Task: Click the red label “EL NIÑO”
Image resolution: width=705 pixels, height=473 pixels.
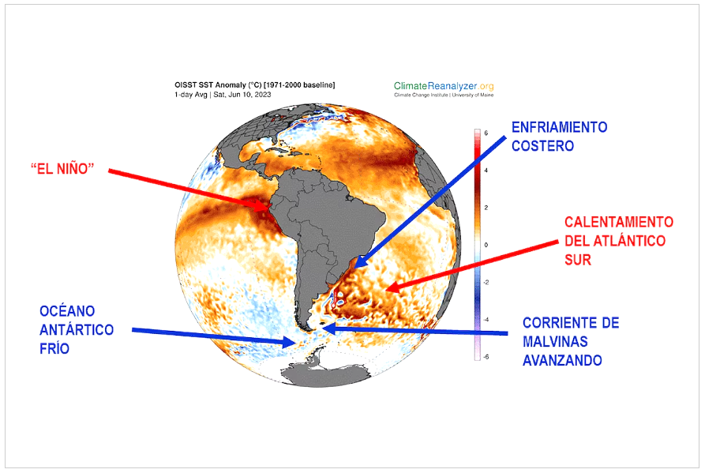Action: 62,169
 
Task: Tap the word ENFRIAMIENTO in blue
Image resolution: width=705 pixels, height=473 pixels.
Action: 559,127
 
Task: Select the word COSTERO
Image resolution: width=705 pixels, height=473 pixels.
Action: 542,146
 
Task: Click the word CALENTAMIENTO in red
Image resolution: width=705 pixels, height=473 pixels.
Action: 619,222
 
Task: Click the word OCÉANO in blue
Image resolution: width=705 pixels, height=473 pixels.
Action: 67,311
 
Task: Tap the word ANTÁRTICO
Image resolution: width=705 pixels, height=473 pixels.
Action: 77,330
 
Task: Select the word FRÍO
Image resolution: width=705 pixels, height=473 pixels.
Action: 54,349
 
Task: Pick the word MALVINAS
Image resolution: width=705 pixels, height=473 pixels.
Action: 555,342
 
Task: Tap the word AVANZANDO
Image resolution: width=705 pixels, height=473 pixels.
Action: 562,361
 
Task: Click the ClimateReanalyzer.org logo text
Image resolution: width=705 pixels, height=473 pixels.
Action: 444,86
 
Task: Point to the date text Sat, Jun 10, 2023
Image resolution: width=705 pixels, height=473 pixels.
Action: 242,95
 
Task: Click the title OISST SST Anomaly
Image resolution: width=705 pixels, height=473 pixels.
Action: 211,85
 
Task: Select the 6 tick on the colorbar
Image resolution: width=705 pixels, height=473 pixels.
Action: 486,133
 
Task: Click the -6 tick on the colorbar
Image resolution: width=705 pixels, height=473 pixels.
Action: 486,357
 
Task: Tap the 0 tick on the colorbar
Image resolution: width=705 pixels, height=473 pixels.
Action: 486,245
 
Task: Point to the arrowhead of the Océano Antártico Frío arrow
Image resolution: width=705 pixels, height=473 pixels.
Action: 295,343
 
